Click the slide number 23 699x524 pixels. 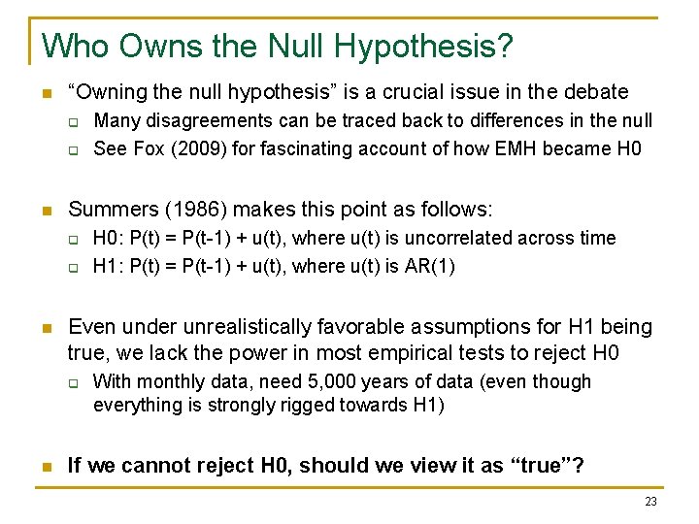pos(650,502)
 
